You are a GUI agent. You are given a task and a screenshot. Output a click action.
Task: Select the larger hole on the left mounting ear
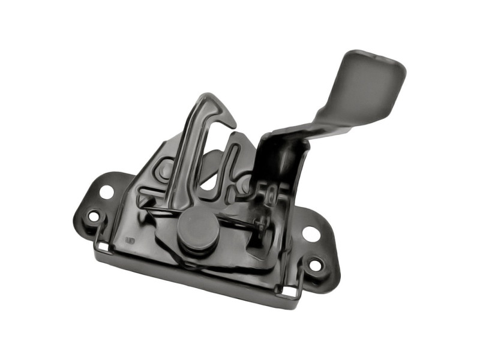pyautogui.click(x=107, y=192)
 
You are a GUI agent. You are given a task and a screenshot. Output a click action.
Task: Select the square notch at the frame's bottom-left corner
pyautogui.click(x=104, y=247)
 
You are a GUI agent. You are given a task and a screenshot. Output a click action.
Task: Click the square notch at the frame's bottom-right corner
pyautogui.click(x=289, y=292)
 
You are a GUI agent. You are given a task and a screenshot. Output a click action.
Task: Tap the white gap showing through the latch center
pyautogui.click(x=207, y=180)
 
